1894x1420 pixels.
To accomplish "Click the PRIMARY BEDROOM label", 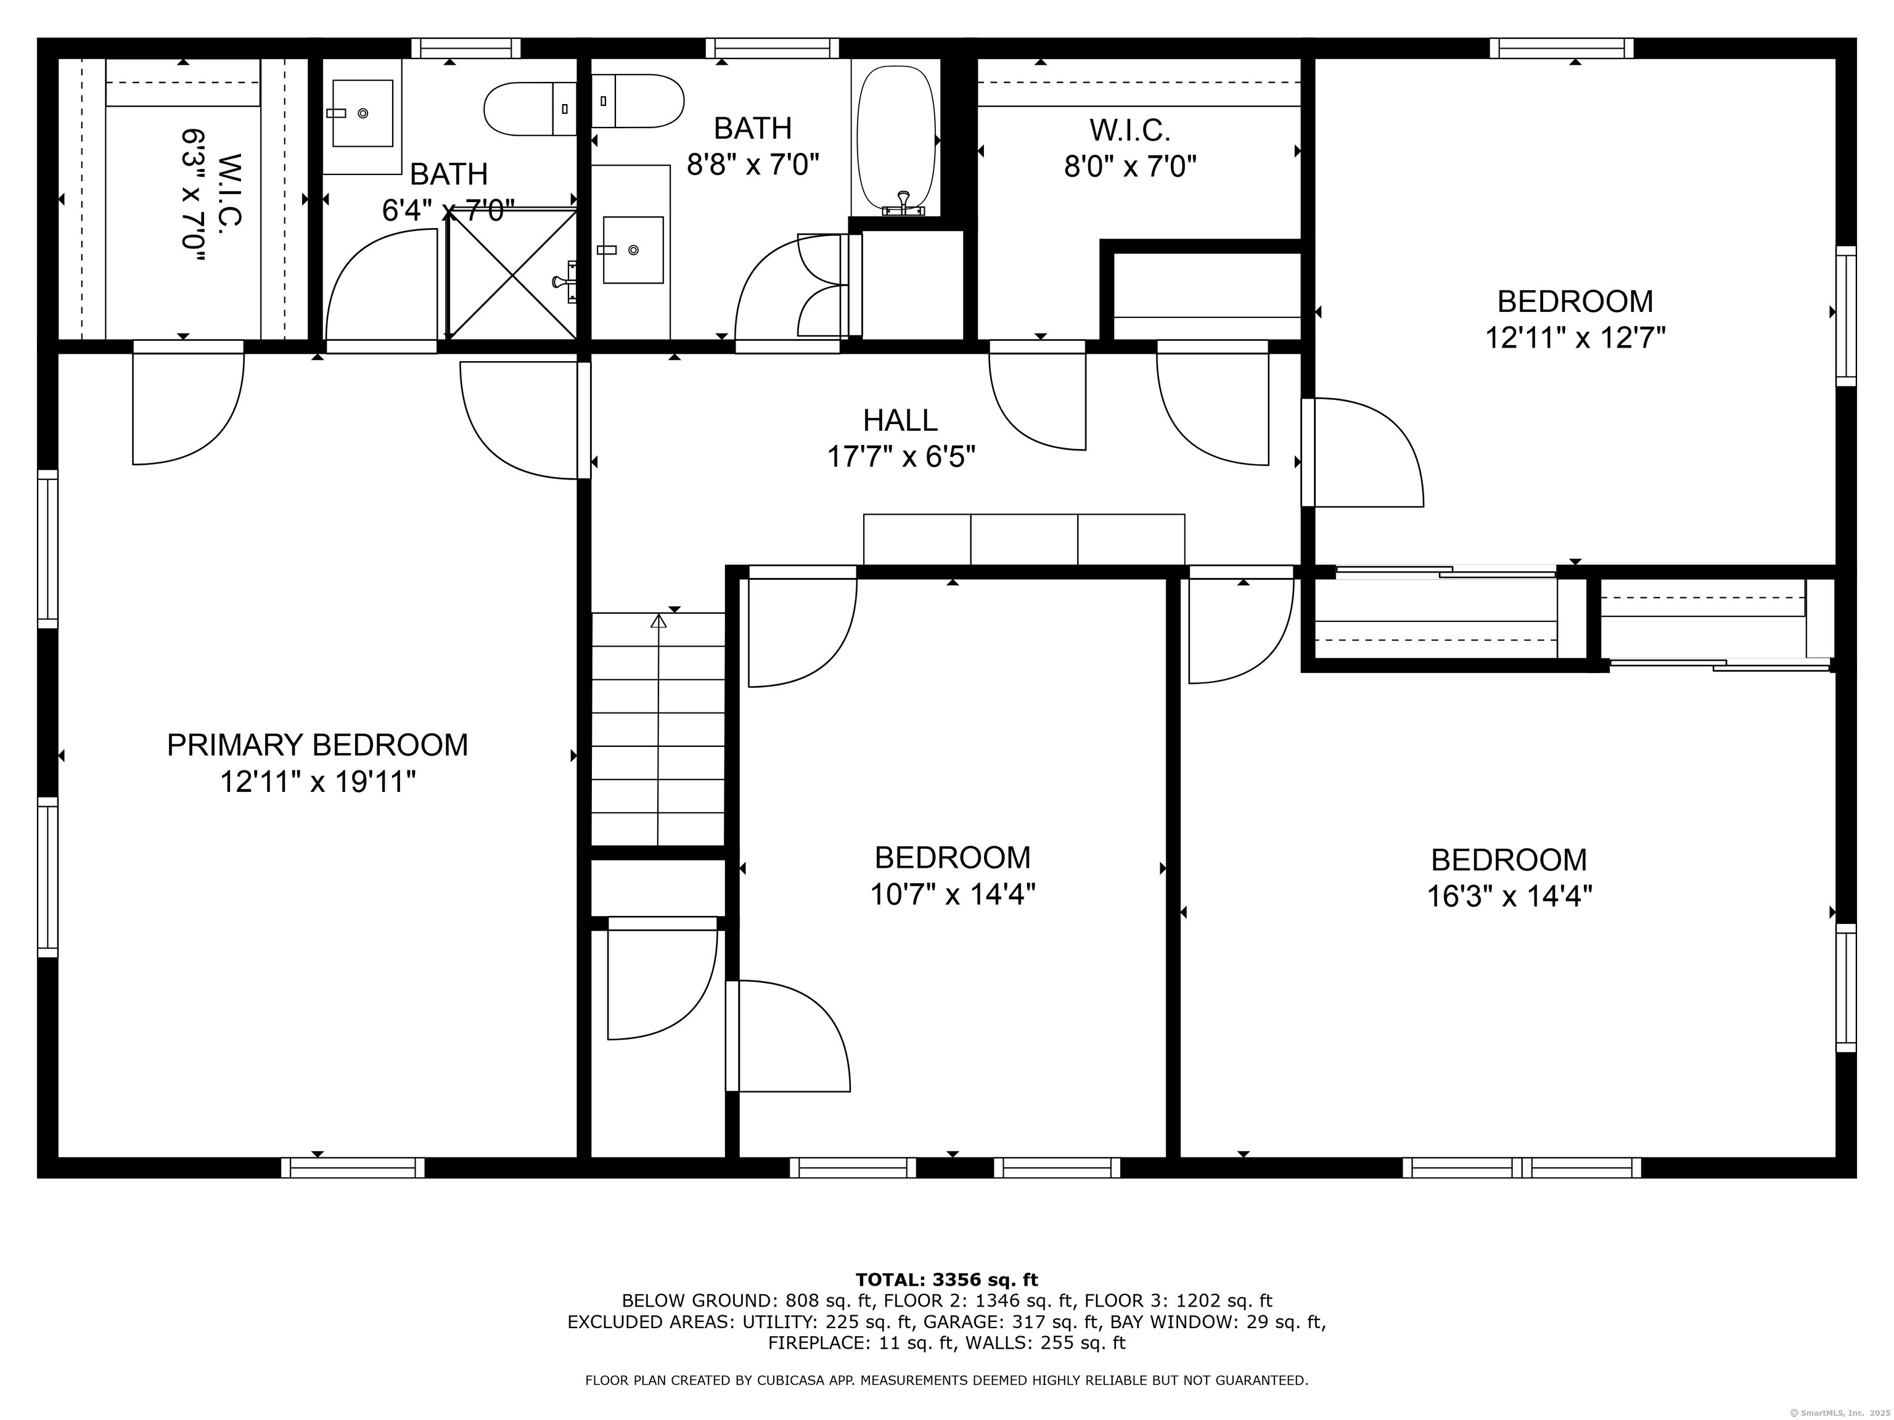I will pyautogui.click(x=317, y=745).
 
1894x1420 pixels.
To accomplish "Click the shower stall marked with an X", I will pyautogui.click(x=512, y=274).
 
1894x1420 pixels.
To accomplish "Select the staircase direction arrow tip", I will pyautogui.click(x=658, y=619).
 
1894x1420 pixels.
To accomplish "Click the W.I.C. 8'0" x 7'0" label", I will pyautogui.click(x=1129, y=147).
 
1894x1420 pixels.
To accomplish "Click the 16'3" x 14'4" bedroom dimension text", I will pyautogui.click(x=1509, y=896).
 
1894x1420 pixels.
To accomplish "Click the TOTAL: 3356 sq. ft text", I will pyautogui.click(x=946, y=1279).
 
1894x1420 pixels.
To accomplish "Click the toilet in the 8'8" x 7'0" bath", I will pyautogui.click(x=638, y=101).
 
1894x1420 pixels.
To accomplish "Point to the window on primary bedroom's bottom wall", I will pyautogui.click(x=353, y=1167).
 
